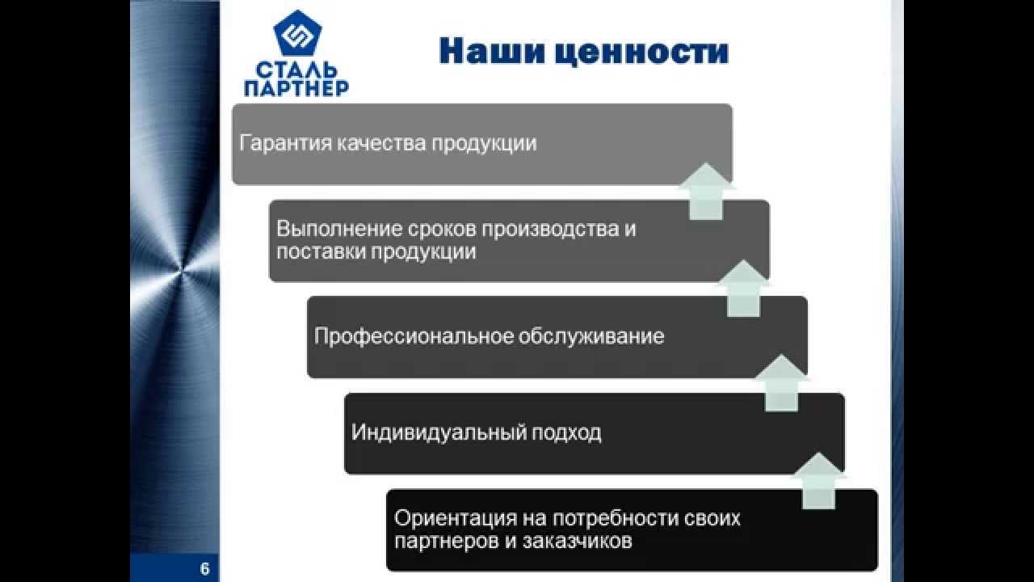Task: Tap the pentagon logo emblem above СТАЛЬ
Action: coord(297,34)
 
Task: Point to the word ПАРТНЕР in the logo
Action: coord(296,86)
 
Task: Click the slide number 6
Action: coord(204,569)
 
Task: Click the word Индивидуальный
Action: coord(438,432)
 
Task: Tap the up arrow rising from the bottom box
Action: coord(819,480)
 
